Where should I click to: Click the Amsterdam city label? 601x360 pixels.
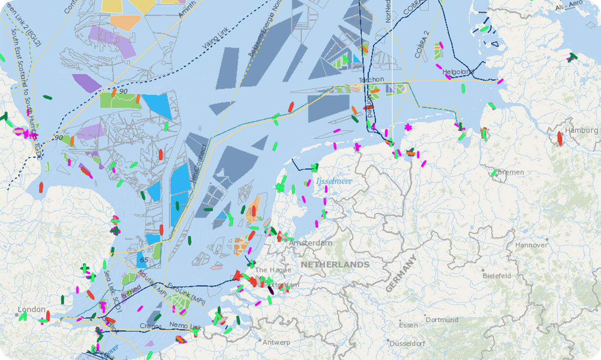pos(310,243)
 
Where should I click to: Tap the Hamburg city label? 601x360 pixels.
pos(581,130)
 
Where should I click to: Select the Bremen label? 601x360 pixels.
pos(511,172)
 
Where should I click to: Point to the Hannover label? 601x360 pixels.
pos(531,245)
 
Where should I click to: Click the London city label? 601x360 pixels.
pos(32,309)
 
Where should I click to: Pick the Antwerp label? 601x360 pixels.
pos(276,342)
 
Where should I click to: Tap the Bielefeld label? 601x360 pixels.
pos(497,276)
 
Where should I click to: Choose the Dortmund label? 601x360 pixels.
pos(442,320)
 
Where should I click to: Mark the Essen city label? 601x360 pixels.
pos(408,325)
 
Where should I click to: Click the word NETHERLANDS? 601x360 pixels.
pos(335,265)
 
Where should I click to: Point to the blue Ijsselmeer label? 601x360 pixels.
pos(334,181)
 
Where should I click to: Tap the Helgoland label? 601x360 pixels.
pos(458,72)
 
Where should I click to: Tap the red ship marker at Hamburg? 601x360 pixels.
pos(559,138)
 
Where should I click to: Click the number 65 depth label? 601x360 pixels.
pos(144,260)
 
